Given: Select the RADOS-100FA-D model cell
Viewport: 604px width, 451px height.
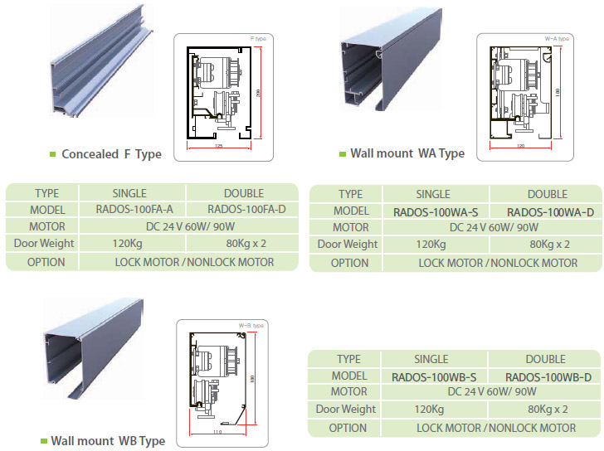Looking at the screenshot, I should pyautogui.click(x=246, y=209).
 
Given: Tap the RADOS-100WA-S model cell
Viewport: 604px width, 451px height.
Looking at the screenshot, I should pyautogui.click(x=432, y=211).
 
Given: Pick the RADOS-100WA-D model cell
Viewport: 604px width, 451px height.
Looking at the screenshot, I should pyautogui.click(x=550, y=211).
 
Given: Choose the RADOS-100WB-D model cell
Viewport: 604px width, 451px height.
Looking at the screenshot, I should pyautogui.click(x=547, y=376).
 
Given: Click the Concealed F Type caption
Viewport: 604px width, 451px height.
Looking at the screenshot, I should pyautogui.click(x=111, y=153).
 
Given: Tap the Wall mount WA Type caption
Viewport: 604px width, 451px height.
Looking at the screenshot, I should pyautogui.click(x=407, y=153).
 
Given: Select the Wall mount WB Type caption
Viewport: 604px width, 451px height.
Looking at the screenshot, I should pyautogui.click(x=108, y=441).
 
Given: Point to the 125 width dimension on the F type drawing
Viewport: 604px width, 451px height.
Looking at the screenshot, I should pyautogui.click(x=219, y=147).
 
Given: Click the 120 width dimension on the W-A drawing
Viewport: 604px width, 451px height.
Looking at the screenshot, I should pyautogui.click(x=520, y=147).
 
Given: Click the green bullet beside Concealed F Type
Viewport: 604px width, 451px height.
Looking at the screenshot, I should pyautogui.click(x=53, y=153).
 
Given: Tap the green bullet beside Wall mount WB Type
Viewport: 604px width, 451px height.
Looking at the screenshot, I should pyautogui.click(x=43, y=441).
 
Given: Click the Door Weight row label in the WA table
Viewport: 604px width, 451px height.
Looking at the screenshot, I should pyautogui.click(x=348, y=245).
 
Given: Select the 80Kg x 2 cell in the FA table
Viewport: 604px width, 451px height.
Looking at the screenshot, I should pyautogui.click(x=246, y=243).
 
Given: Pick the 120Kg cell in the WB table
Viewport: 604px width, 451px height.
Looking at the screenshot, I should pyautogui.click(x=431, y=410).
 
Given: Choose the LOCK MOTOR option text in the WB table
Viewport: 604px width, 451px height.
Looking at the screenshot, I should pyautogui.click(x=449, y=428).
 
